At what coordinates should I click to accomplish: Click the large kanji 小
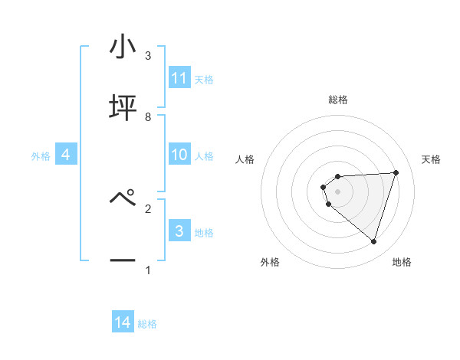[123, 47]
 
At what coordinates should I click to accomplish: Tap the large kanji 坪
[123, 108]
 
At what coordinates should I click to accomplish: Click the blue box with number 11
[179, 78]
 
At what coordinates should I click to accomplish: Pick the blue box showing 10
[179, 155]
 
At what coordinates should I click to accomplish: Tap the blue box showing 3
[179, 231]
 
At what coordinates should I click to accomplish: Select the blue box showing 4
[66, 155]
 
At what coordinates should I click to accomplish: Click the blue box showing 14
[123, 322]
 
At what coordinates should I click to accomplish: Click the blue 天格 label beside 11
[204, 79]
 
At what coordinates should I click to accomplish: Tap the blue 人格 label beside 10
[204, 155]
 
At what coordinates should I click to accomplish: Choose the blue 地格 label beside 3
[204, 232]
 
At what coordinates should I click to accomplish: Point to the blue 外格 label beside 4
[41, 155]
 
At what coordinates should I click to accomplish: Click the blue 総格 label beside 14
[147, 323]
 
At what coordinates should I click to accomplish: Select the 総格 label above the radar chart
[338, 100]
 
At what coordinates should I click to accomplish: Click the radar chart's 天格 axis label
[432, 159]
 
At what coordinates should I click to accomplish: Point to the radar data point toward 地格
[373, 241]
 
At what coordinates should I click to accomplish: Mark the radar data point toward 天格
[396, 172]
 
